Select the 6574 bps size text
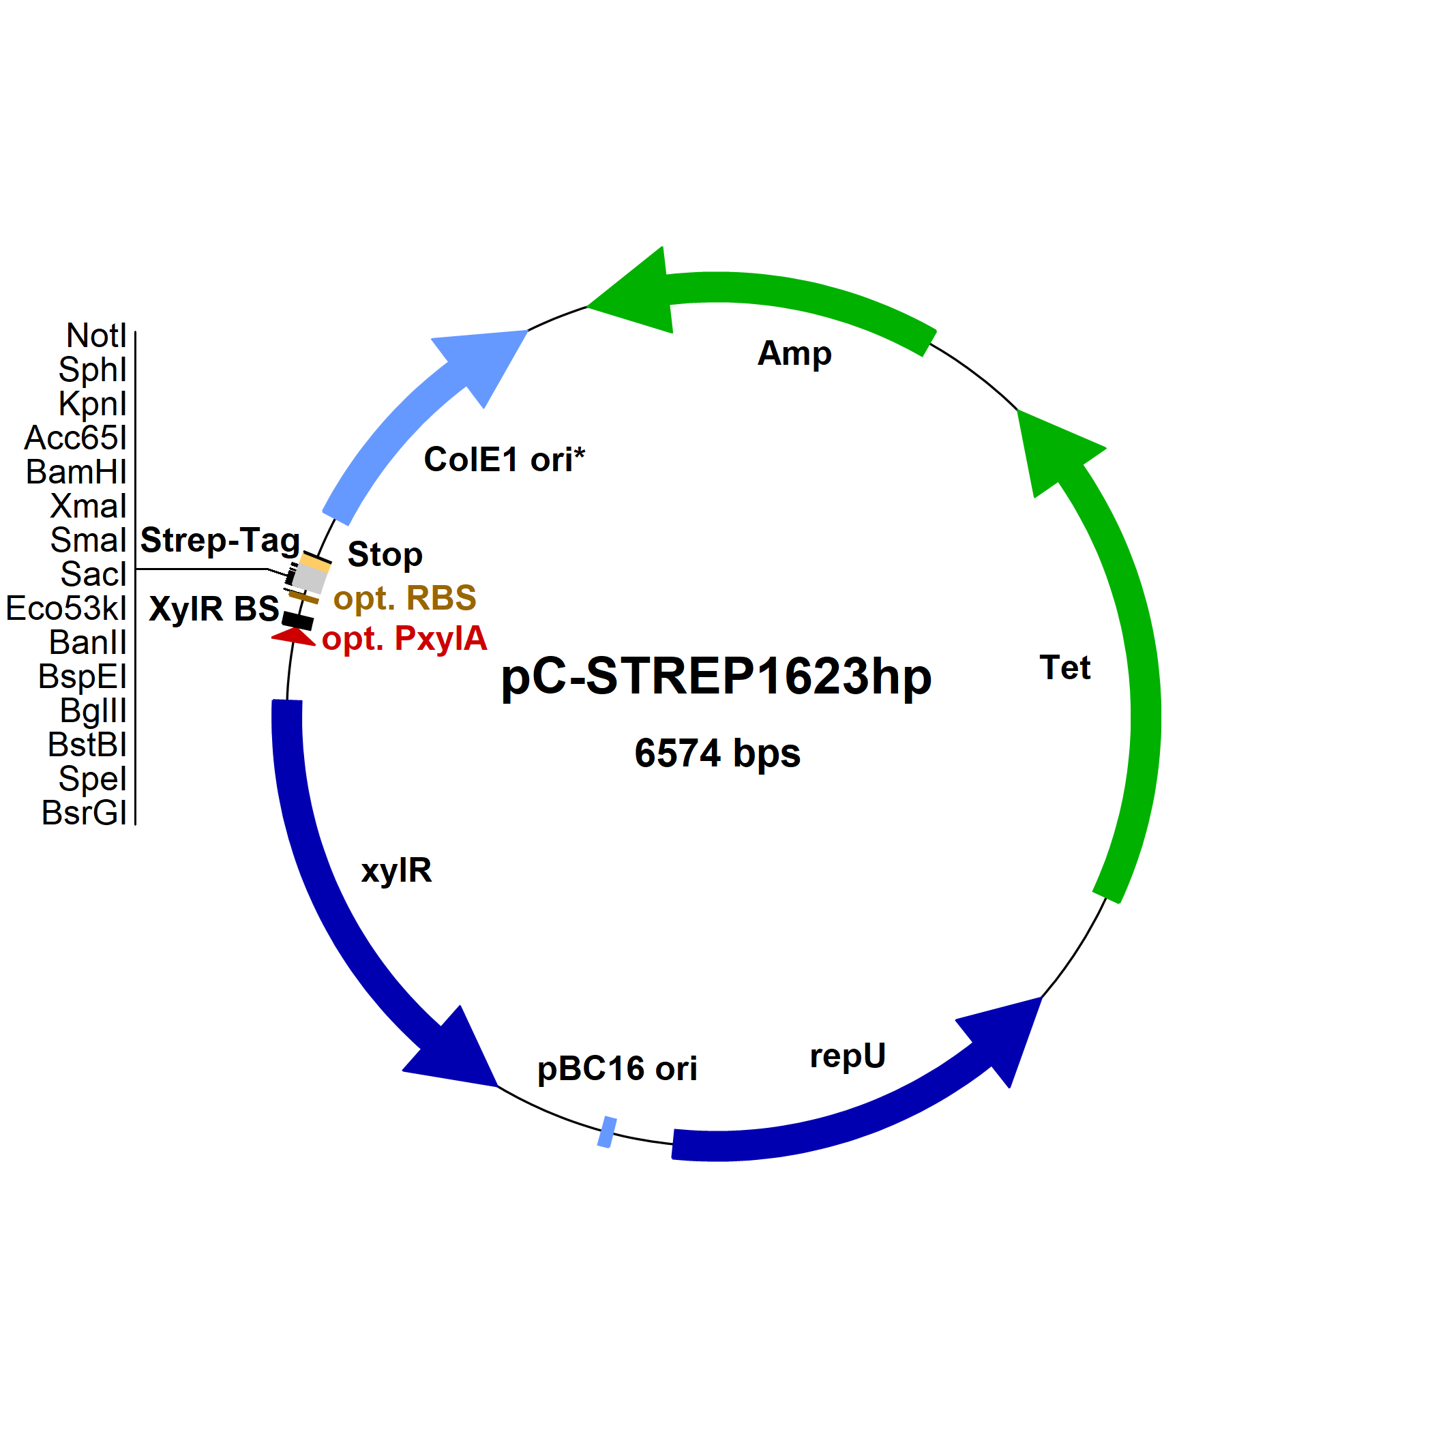(717, 753)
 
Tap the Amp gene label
(794, 353)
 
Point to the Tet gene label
(1064, 668)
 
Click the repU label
(847, 1056)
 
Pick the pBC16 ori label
(616, 1069)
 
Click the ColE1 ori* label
(504, 460)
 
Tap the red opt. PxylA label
(404, 638)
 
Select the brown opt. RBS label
(404, 598)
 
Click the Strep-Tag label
(220, 540)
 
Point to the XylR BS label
(213, 609)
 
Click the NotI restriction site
(96, 335)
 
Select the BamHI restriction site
(76, 472)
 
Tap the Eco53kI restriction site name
(67, 608)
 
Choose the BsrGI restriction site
(84, 813)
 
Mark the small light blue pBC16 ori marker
(606, 1132)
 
